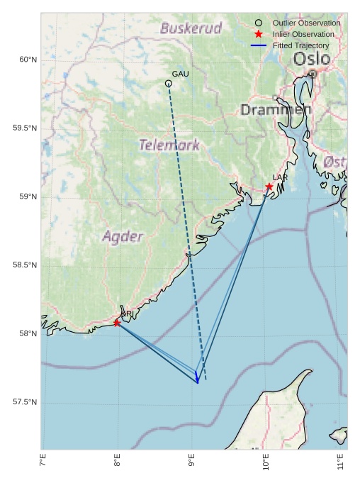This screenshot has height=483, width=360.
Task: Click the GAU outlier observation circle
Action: [x=169, y=84]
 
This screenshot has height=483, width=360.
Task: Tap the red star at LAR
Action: [x=269, y=187]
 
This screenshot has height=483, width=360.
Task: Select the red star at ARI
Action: [x=117, y=323]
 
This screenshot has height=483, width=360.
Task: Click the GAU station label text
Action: [x=180, y=74]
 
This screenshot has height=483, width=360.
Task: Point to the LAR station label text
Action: [x=280, y=177]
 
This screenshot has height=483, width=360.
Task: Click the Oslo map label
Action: [x=311, y=58]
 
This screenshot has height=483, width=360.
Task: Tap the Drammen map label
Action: [x=276, y=110]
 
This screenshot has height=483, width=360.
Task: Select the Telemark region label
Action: [x=169, y=145]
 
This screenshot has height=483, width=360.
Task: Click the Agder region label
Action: [x=123, y=236]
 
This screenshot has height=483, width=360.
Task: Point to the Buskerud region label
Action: [x=191, y=28]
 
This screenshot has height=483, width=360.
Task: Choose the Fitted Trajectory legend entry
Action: [x=300, y=45]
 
